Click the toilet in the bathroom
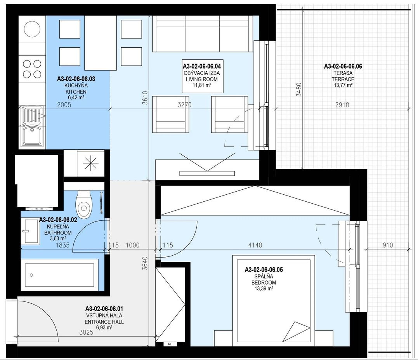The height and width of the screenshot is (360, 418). pyautogui.click(x=84, y=204)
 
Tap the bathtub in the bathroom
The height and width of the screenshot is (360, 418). pyautogui.click(x=59, y=275)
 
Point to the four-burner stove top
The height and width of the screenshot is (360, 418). pyautogui.click(x=32, y=69)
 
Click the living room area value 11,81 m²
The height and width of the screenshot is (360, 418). pyautogui.click(x=202, y=85)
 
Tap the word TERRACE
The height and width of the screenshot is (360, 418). pyautogui.click(x=343, y=79)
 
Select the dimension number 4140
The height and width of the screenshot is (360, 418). pyautogui.click(x=255, y=245)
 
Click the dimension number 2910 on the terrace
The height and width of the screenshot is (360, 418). pyautogui.click(x=342, y=105)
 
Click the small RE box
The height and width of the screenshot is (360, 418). pyautogui.click(x=170, y=344)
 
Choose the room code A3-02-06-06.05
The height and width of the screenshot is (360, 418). pyautogui.click(x=264, y=270)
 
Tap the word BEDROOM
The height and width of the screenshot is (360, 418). pyautogui.click(x=264, y=282)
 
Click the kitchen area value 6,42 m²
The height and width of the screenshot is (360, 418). pyautogui.click(x=76, y=97)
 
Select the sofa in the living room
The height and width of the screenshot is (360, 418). pyautogui.click(x=203, y=34)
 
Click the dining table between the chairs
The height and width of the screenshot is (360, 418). pyautogui.click(x=101, y=43)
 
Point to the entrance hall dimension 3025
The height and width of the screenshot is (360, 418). pyautogui.click(x=87, y=332)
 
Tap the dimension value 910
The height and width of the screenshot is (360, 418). pyautogui.click(x=388, y=245)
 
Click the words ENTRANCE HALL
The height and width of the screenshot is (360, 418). pyautogui.click(x=104, y=322)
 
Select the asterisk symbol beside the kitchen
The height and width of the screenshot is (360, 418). pyautogui.click(x=91, y=163)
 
